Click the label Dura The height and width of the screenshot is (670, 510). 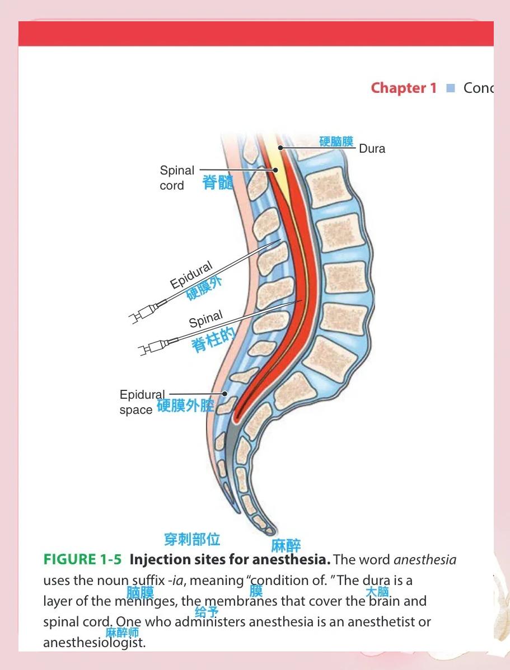point(372,149)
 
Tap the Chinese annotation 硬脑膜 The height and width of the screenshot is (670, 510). point(336,141)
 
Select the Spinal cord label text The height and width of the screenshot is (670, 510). point(177,178)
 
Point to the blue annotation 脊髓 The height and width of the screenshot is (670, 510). point(217,182)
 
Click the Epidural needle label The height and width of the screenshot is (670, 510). point(191,275)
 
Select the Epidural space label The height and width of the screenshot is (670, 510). point(142,402)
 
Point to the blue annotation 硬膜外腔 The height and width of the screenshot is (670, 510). point(185,405)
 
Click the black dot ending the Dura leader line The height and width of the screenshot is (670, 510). point(281,148)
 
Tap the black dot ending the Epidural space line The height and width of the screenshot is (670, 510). point(224,394)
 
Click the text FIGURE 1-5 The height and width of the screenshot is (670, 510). point(82,559)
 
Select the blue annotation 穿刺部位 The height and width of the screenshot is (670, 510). point(192,539)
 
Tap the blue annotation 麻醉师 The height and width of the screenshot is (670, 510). point(122,633)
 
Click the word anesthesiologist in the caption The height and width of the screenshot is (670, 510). point(94,643)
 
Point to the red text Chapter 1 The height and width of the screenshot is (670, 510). point(403,88)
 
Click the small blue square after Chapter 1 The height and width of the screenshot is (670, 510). point(450,88)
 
